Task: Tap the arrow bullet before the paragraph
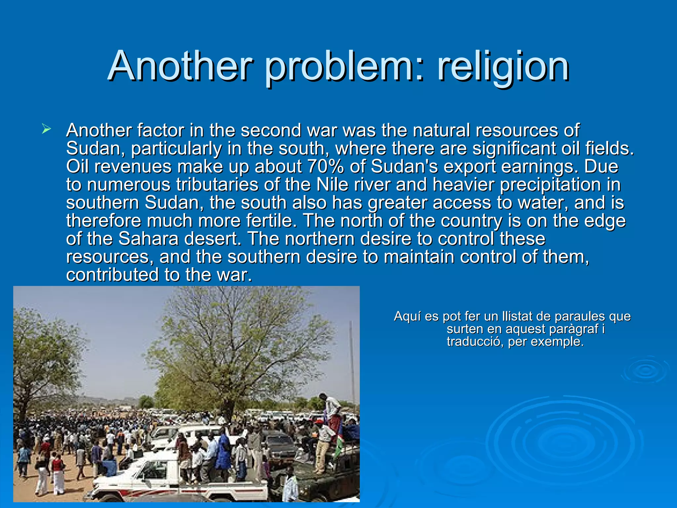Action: (x=46, y=129)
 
